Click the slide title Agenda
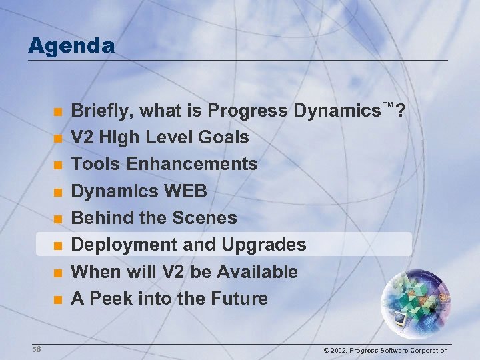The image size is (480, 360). click(x=71, y=46)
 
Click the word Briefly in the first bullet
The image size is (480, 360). click(x=99, y=111)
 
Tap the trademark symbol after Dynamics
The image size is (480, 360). click(x=388, y=105)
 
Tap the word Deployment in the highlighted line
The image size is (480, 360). click(x=124, y=245)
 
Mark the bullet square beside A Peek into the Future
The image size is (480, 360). click(x=58, y=300)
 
